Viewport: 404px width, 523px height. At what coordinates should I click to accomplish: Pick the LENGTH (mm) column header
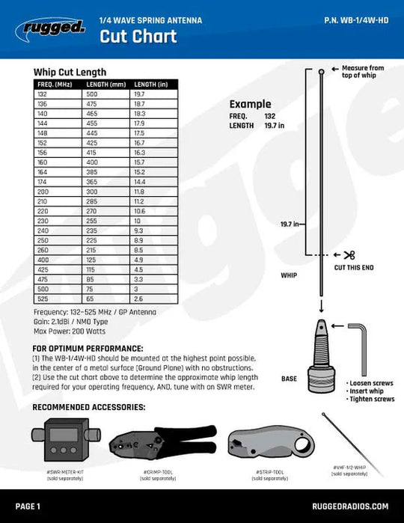tap(105, 85)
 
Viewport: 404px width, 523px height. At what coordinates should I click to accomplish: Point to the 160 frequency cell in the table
tap(43, 162)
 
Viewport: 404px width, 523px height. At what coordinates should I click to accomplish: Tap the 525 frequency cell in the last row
tap(43, 299)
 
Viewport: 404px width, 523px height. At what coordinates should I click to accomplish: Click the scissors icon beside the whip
tap(350, 255)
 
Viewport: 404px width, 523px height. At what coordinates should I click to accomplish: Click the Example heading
tap(250, 104)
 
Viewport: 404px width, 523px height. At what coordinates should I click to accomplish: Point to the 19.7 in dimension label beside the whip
tap(290, 224)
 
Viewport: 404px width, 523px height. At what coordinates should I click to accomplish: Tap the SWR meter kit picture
tap(58, 444)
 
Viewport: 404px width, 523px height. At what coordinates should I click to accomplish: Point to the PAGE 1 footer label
tap(28, 507)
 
